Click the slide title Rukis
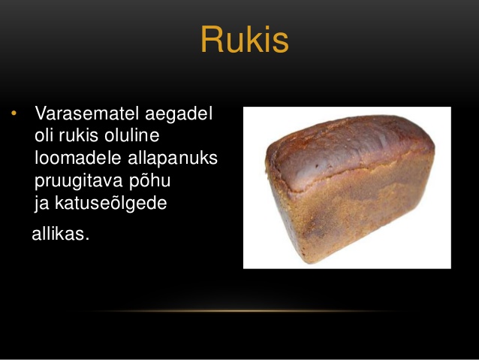point(245,39)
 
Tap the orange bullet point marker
point(14,113)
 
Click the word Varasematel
point(88,113)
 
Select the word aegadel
point(179,114)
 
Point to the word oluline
point(131,135)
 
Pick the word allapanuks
point(173,159)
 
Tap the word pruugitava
point(79,181)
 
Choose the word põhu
point(149,181)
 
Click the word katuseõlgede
point(111,204)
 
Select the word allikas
point(59,234)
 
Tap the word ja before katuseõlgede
point(42,204)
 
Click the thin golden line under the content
point(238,311)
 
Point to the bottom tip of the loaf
point(312,263)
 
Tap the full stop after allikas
point(87,239)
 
